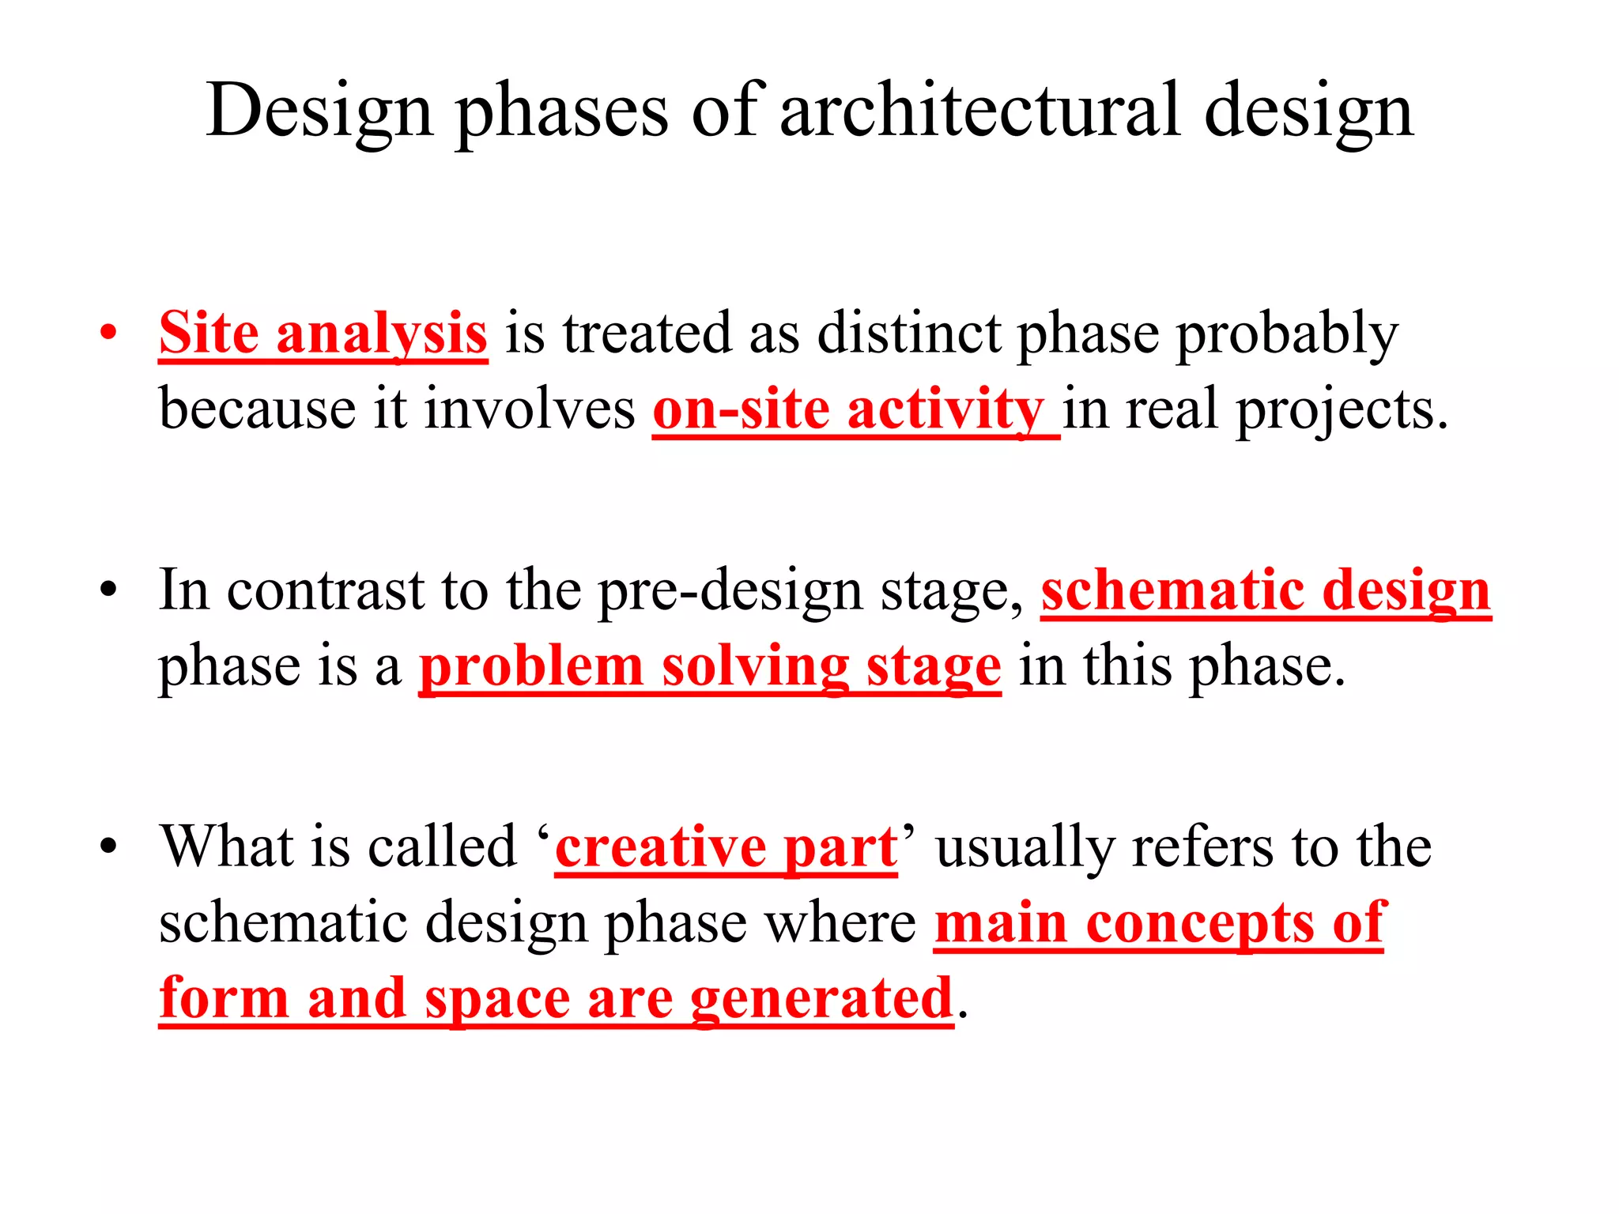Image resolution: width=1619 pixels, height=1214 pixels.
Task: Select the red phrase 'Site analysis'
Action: pos(323,334)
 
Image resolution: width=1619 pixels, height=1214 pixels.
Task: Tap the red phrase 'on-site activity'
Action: pos(849,409)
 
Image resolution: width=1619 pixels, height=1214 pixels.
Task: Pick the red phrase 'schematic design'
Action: pos(1265,590)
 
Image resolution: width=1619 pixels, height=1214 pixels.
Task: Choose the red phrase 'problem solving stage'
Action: pos(709,666)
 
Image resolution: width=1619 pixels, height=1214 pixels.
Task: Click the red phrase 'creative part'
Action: pos(726,847)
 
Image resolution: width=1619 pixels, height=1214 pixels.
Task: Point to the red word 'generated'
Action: pos(822,999)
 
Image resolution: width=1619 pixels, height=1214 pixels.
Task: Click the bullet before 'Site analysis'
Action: pos(108,333)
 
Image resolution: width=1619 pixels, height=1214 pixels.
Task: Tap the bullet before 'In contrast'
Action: pos(108,590)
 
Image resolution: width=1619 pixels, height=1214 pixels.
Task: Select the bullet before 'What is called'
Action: pos(108,847)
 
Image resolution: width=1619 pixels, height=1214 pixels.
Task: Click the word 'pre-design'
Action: pos(729,591)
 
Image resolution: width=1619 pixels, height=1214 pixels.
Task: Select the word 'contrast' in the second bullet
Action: pos(325,590)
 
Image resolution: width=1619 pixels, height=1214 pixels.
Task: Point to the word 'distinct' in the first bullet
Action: pos(908,334)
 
